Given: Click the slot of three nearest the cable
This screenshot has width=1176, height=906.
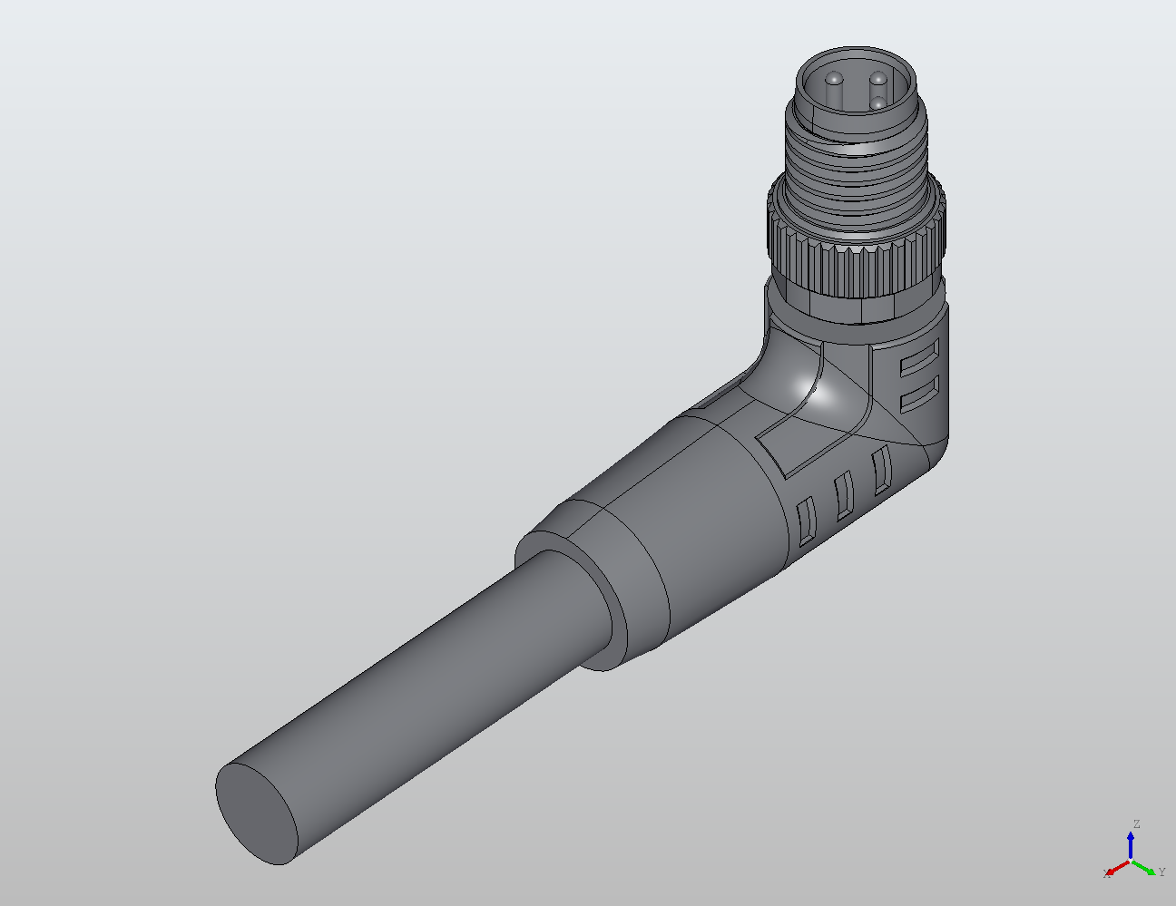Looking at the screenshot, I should click(805, 521).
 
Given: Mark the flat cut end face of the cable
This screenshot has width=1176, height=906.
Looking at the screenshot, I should click(258, 813).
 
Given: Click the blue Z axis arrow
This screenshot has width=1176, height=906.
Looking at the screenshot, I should click(1131, 843).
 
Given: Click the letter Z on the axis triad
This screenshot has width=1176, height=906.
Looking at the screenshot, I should click(1136, 824).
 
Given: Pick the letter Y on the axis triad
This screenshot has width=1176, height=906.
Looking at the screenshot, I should click(1162, 872).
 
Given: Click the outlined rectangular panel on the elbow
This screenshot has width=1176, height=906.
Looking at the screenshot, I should click(799, 426).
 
